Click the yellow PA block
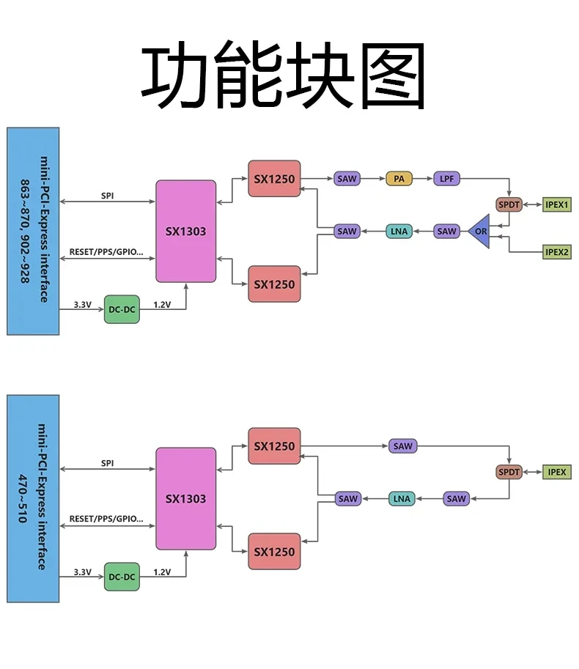(399, 178)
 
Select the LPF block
(446, 178)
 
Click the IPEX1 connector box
(557, 204)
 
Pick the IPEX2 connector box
(557, 252)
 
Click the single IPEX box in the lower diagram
(557, 472)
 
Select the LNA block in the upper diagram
(399, 232)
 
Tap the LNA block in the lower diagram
(402, 499)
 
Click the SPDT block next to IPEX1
(509, 204)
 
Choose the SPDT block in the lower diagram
(509, 472)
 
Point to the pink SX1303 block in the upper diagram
(185, 232)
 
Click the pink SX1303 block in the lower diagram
(185, 499)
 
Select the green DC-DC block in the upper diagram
(122, 309)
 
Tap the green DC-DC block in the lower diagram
(122, 577)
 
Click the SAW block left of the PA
(347, 178)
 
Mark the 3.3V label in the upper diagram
(83, 304)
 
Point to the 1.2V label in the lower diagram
(162, 572)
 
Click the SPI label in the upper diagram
(107, 196)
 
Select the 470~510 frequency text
(23, 499)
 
